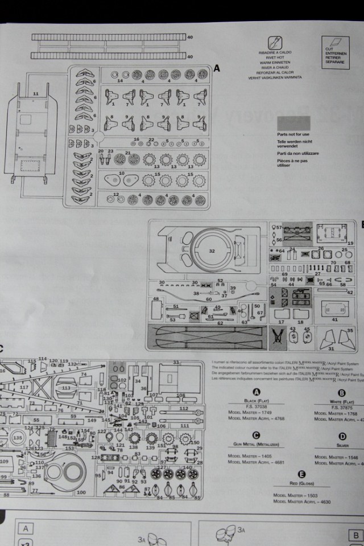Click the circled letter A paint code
point(256,393)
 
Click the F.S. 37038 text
point(256,406)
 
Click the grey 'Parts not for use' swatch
point(293,124)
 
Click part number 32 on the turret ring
point(212,251)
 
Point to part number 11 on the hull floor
point(36,93)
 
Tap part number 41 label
point(334,319)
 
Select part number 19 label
point(350,243)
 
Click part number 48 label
point(156,298)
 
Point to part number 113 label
point(66,388)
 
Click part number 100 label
point(81,492)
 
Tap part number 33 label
point(176,362)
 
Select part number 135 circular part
point(17,438)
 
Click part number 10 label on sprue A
point(122,173)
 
